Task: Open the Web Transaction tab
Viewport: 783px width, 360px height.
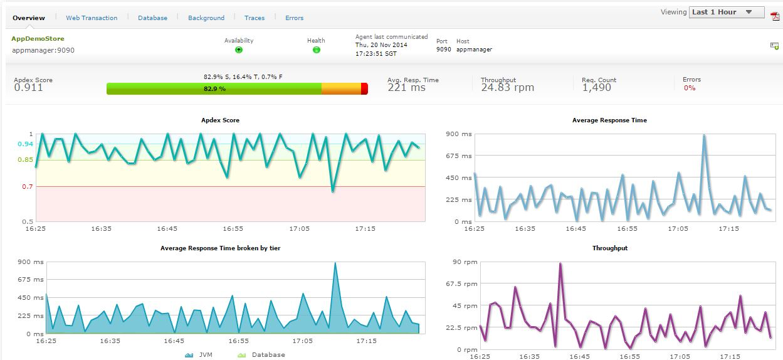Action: point(92,18)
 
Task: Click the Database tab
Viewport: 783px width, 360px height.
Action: point(152,18)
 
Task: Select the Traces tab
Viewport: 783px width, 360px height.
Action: point(255,18)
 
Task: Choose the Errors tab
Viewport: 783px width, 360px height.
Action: point(294,18)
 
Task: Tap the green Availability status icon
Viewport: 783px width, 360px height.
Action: point(239,50)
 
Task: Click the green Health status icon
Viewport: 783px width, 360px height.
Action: point(316,50)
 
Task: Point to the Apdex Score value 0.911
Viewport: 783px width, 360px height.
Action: point(28,88)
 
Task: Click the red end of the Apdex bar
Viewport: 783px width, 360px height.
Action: point(364,89)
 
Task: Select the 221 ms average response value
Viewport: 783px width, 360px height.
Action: point(406,88)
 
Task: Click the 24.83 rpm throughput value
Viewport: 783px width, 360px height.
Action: point(507,88)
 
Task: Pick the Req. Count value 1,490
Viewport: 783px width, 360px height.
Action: point(596,88)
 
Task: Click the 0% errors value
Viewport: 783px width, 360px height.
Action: point(690,88)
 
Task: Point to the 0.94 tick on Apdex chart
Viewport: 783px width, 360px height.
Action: point(25,144)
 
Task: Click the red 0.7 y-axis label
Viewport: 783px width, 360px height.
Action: point(27,187)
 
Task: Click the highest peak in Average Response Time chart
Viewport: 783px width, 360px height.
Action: point(704,135)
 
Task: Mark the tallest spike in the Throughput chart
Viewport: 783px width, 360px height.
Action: point(560,264)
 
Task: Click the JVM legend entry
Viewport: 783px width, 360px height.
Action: point(199,355)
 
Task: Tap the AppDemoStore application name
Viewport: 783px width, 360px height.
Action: point(38,39)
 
